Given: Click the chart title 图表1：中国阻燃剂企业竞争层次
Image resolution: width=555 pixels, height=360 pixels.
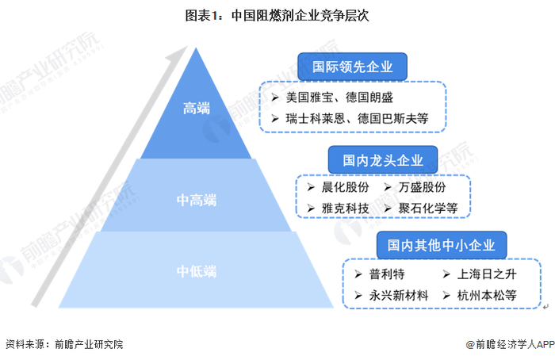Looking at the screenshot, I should (x=277, y=15).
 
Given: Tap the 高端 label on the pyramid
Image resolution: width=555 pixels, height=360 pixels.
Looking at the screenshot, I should (x=196, y=108).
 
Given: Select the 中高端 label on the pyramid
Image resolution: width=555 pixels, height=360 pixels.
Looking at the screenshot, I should (x=196, y=199).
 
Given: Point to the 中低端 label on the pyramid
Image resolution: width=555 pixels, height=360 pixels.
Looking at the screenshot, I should (x=196, y=272).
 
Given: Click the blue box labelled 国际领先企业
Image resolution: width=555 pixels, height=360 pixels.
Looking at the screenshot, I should (x=352, y=67).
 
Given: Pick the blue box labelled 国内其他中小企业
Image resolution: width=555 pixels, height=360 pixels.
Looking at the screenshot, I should (x=442, y=245).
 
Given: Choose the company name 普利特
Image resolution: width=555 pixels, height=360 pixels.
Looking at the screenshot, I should (x=382, y=275).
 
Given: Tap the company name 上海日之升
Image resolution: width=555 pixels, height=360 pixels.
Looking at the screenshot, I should (x=483, y=275).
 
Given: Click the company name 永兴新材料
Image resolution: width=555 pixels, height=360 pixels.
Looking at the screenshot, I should (x=394, y=295).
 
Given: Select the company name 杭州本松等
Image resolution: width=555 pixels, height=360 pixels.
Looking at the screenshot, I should (x=487, y=295).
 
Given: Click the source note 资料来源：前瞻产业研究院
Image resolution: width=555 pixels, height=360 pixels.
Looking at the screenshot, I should (x=63, y=345).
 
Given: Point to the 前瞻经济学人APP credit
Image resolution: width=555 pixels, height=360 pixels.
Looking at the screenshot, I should (x=509, y=345).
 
